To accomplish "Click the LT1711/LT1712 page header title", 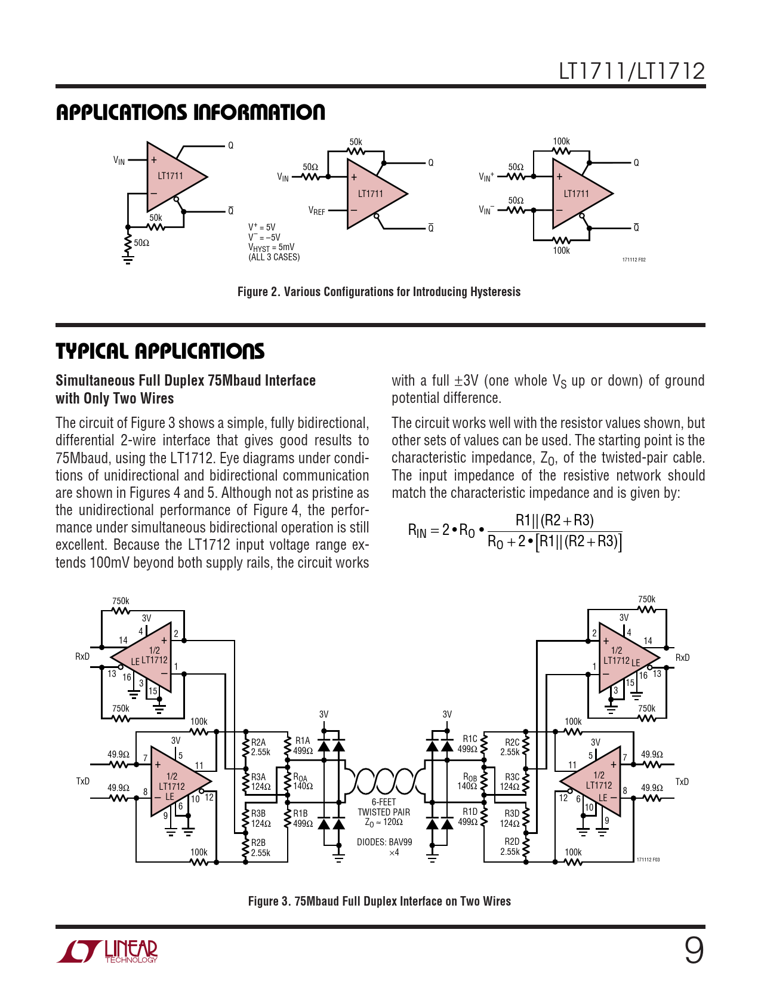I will tap(631, 72).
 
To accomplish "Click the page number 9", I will tap(694, 950).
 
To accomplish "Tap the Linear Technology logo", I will tap(107, 952).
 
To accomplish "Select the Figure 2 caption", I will tap(379, 292).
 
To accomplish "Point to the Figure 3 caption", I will tap(379, 901).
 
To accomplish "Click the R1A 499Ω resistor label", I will tap(303, 746).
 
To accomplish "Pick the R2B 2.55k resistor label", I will tap(260, 848).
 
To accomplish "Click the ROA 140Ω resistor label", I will tap(302, 782).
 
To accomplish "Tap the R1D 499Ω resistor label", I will tap(468, 817).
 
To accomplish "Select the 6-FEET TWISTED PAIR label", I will tap(384, 807).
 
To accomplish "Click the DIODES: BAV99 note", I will tap(384, 842).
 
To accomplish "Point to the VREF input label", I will tap(317, 211).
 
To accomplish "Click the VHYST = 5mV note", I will tap(271, 247).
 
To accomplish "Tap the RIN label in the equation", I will tap(417, 530).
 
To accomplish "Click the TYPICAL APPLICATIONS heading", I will tap(160, 352).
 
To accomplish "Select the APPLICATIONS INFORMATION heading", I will tap(190, 113).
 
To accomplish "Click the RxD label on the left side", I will tap(82, 657).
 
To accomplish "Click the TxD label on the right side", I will tap(682, 782).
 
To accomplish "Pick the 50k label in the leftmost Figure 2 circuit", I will tap(155, 218).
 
